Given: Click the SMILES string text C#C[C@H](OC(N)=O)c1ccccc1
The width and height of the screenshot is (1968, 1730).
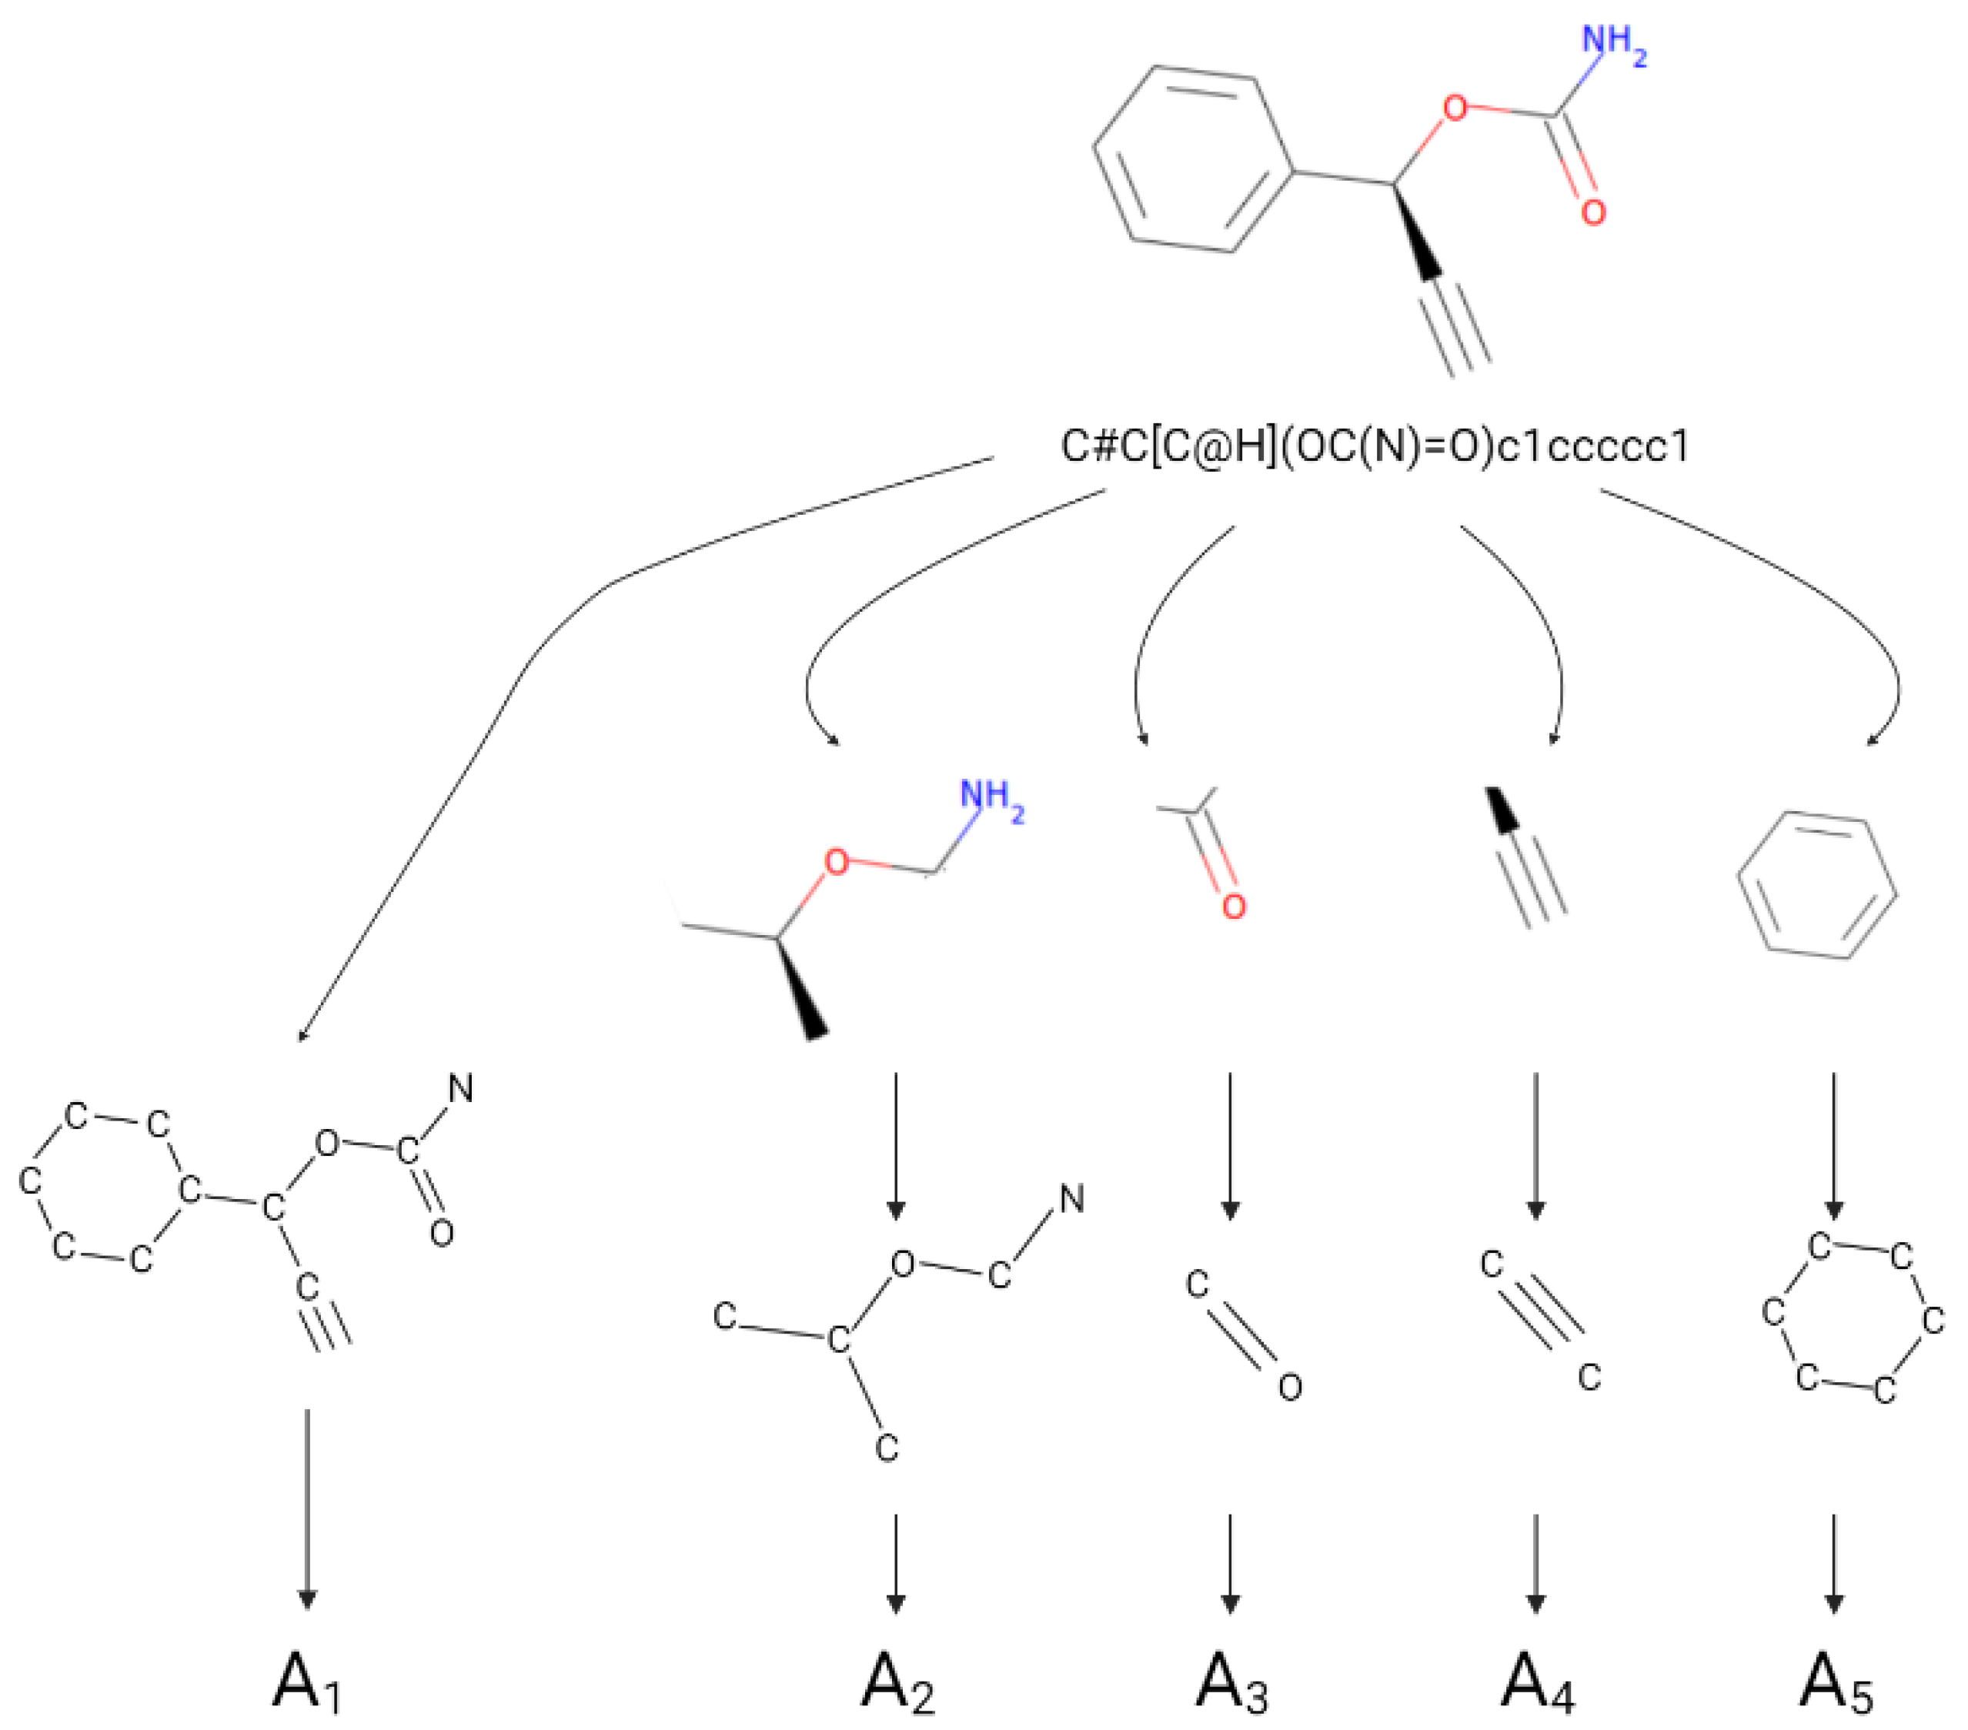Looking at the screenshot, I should point(1374,446).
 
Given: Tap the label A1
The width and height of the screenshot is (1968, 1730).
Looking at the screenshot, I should point(306,1681).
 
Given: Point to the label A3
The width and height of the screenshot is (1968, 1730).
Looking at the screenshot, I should point(1231,1681).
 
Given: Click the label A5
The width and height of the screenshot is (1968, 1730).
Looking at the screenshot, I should point(1835,1681).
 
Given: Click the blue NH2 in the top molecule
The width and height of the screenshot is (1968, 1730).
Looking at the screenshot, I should point(1612,43).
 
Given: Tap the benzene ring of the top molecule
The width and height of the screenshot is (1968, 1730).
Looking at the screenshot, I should point(1194,159).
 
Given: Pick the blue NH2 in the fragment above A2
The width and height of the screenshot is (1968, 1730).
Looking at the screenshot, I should point(991,798).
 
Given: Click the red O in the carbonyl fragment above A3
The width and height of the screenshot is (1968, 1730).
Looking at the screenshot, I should point(1234,906).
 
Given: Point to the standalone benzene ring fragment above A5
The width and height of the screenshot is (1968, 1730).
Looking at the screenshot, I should point(1818,886).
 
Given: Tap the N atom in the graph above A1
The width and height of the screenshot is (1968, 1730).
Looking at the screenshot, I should point(461,1089).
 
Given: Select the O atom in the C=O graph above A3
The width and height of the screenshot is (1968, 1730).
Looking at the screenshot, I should point(1289,1386).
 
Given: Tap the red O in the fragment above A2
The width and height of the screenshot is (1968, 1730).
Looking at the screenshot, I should point(837,862).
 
